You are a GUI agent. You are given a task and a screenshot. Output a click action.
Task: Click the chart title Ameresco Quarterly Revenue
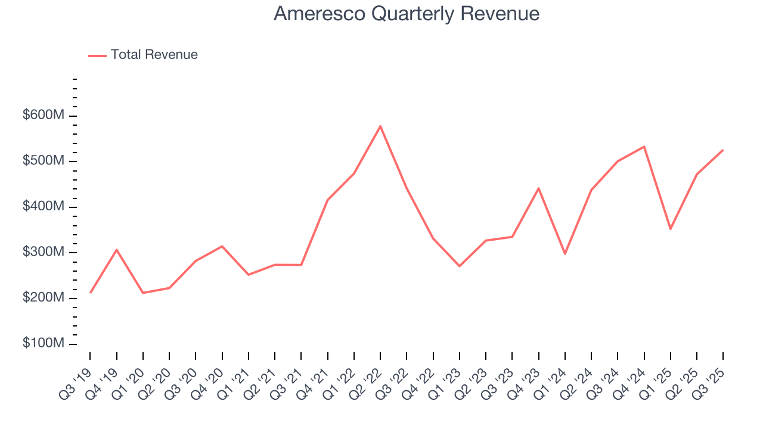(407, 14)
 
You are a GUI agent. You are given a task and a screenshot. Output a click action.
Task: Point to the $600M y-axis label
(43, 116)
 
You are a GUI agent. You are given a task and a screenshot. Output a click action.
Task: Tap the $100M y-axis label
(43, 344)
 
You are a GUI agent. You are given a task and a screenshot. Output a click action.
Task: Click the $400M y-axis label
(43, 207)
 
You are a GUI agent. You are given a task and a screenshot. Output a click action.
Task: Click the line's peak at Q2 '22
(380, 126)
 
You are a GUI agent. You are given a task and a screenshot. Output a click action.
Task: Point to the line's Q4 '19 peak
(117, 250)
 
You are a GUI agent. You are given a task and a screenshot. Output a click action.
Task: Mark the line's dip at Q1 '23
(460, 266)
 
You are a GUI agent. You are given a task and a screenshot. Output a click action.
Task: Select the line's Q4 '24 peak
(644, 147)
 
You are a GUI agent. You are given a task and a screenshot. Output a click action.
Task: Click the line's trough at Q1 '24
(565, 254)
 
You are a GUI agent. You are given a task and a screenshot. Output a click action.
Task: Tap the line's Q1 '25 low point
(670, 229)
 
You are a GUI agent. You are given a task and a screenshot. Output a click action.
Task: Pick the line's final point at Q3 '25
(722, 150)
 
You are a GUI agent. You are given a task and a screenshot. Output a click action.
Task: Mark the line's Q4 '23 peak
(538, 188)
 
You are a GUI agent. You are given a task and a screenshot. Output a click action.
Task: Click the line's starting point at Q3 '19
(91, 293)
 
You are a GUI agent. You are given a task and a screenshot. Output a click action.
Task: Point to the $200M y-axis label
(43, 298)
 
